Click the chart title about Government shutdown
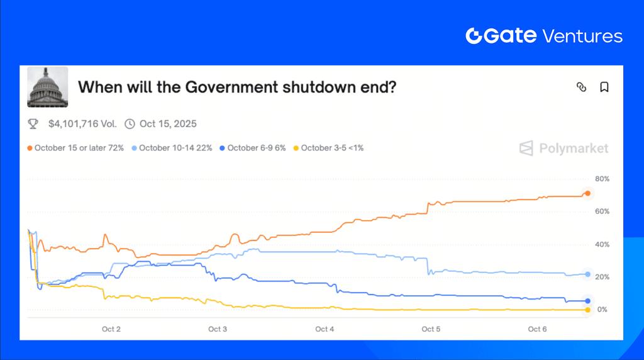(x=236, y=87)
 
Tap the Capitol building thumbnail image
(x=48, y=87)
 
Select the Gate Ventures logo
(x=544, y=36)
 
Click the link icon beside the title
(x=581, y=87)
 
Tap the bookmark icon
(x=604, y=87)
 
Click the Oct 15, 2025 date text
(x=168, y=124)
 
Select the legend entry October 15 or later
(x=75, y=148)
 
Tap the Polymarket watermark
(x=564, y=149)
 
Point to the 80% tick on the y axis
(x=602, y=179)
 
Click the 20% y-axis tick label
(x=602, y=277)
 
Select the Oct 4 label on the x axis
(x=325, y=329)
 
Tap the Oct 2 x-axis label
(x=111, y=329)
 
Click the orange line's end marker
(x=587, y=193)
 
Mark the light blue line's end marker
(x=587, y=274)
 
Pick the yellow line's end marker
(x=587, y=310)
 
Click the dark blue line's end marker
(x=587, y=301)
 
